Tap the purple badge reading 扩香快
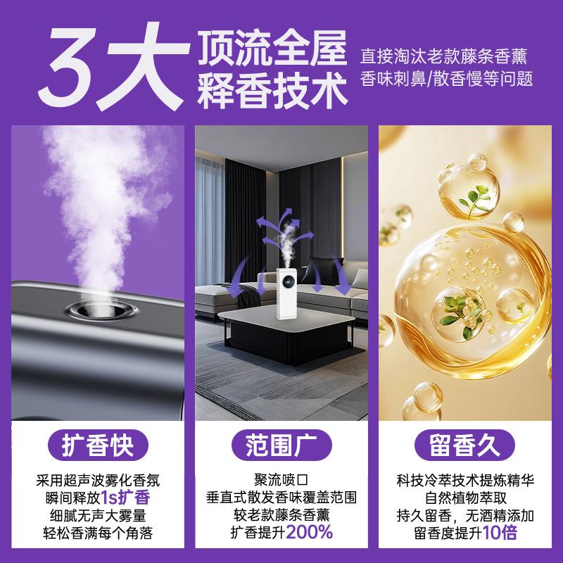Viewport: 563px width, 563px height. click(98, 445)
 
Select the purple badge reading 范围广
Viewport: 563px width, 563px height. click(281, 445)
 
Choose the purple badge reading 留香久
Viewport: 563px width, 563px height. click(465, 445)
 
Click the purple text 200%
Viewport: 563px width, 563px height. click(310, 532)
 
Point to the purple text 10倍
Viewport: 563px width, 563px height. click(500, 532)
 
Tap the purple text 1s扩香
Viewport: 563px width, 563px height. click(125, 498)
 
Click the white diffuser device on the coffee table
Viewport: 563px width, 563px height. click(286, 293)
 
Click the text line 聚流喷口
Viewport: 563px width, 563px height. click(281, 480)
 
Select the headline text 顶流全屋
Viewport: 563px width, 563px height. click(272, 47)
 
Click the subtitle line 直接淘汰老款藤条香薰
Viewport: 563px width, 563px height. click(444, 56)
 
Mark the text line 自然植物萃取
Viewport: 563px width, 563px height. click(465, 498)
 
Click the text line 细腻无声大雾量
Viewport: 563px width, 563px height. click(98, 515)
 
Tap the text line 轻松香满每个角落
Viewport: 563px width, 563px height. click(98, 533)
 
